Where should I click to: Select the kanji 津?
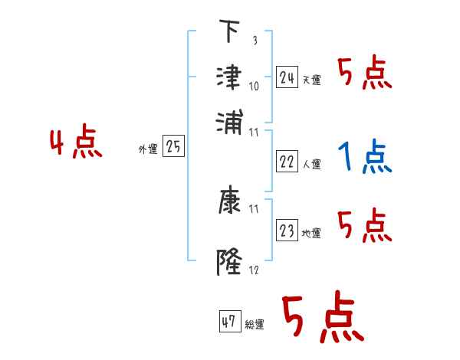[x=228, y=77]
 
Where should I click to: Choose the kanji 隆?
[x=228, y=262]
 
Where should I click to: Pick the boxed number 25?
[x=173, y=147]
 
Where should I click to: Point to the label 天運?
[x=311, y=80]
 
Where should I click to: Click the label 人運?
[x=311, y=164]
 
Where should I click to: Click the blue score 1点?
[x=364, y=158]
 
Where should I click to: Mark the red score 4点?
[x=76, y=143]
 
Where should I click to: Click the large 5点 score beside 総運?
[x=322, y=318]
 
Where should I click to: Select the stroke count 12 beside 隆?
[x=255, y=270]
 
